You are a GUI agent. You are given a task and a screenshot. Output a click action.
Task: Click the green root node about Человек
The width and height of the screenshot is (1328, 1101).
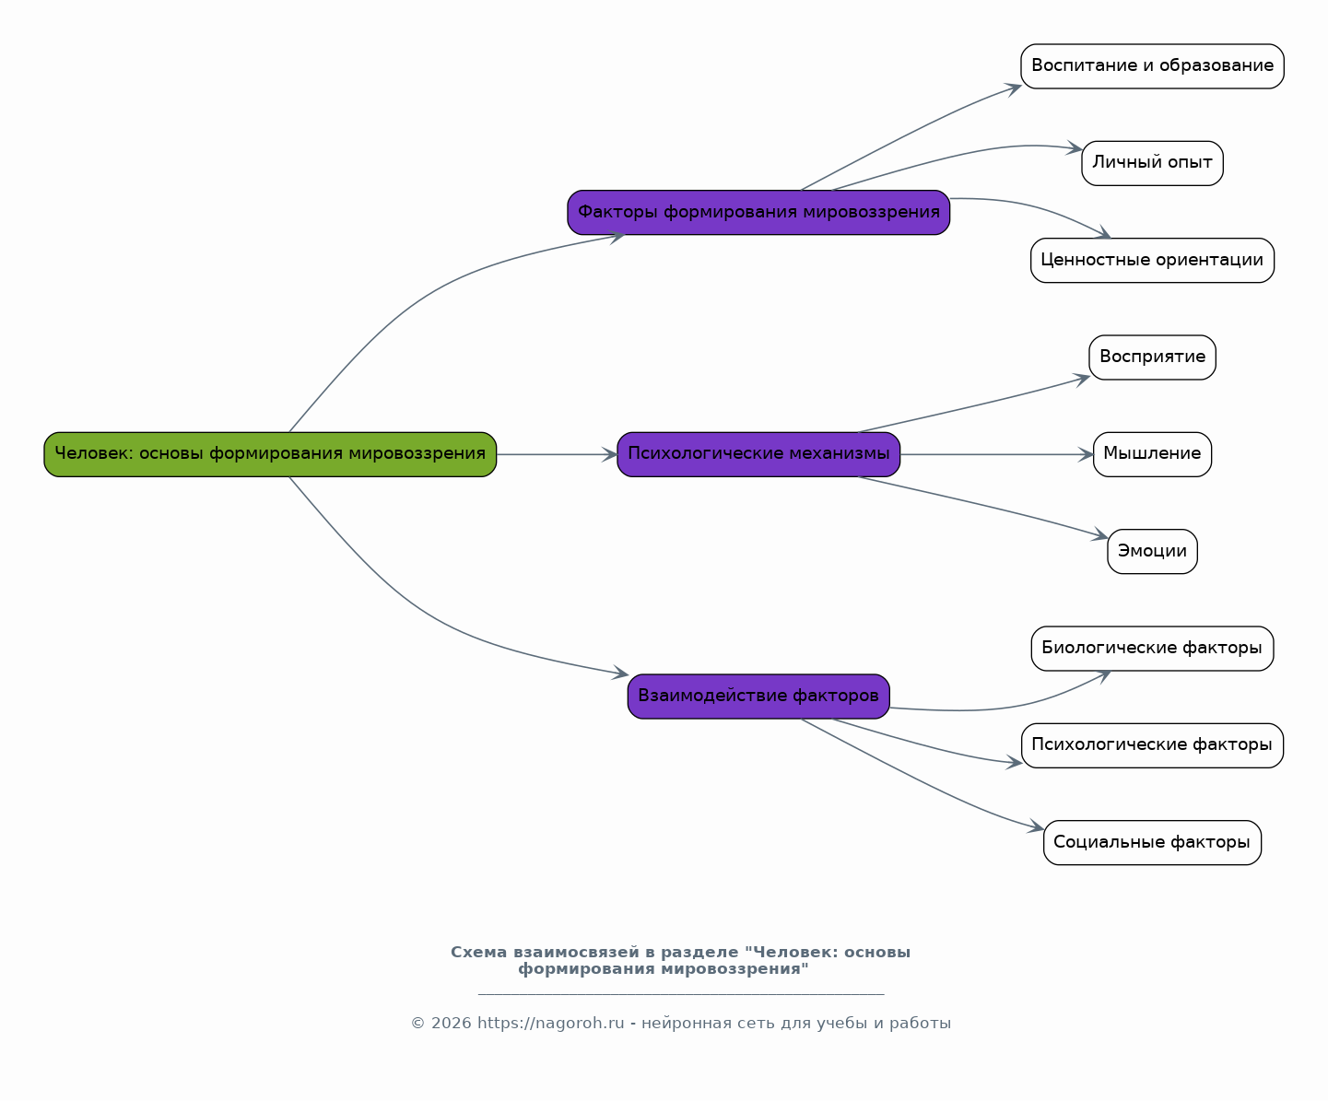click(x=270, y=454)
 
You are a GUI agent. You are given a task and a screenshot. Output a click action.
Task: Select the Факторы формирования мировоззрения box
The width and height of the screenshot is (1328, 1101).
click(x=758, y=213)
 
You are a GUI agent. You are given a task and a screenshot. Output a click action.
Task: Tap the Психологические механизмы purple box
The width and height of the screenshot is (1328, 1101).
click(x=758, y=454)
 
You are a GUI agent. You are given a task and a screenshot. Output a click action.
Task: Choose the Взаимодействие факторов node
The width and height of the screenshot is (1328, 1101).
click(x=758, y=697)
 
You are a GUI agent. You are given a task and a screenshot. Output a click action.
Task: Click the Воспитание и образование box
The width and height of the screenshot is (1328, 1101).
click(x=1152, y=66)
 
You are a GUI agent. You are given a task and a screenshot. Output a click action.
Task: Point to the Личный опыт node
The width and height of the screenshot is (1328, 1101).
click(x=1152, y=163)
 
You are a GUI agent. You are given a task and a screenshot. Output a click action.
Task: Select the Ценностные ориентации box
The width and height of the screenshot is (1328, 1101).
click(x=1152, y=261)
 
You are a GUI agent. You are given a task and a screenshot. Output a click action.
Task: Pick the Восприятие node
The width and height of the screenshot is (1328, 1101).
click(x=1152, y=357)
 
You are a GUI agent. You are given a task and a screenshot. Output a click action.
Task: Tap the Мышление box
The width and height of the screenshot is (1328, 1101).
click(x=1152, y=454)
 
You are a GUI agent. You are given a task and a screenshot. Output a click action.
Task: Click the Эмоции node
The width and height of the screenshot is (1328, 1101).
click(x=1152, y=551)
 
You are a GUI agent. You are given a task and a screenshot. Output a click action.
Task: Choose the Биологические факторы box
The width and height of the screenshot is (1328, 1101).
click(x=1152, y=649)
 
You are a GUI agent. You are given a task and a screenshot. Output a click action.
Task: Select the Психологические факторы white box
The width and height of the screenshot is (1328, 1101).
click(x=1152, y=745)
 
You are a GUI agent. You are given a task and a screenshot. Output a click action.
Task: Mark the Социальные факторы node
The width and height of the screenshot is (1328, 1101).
click(x=1152, y=842)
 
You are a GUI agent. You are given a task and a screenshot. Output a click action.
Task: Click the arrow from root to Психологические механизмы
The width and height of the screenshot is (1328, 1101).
click(x=553, y=454)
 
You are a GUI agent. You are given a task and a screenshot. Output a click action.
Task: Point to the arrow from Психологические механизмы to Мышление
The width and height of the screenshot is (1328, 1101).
click(x=995, y=454)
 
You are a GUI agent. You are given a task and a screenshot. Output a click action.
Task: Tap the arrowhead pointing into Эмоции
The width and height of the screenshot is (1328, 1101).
click(x=1100, y=536)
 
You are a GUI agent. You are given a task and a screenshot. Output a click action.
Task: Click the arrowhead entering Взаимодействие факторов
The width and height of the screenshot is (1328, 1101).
click(x=621, y=674)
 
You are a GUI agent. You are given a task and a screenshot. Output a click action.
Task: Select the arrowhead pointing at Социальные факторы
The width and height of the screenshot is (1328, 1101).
click(x=1037, y=828)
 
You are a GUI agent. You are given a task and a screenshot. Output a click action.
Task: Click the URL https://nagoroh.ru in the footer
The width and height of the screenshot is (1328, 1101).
click(x=550, y=1024)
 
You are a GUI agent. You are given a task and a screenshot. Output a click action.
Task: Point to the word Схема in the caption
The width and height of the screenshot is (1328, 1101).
click(x=478, y=953)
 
